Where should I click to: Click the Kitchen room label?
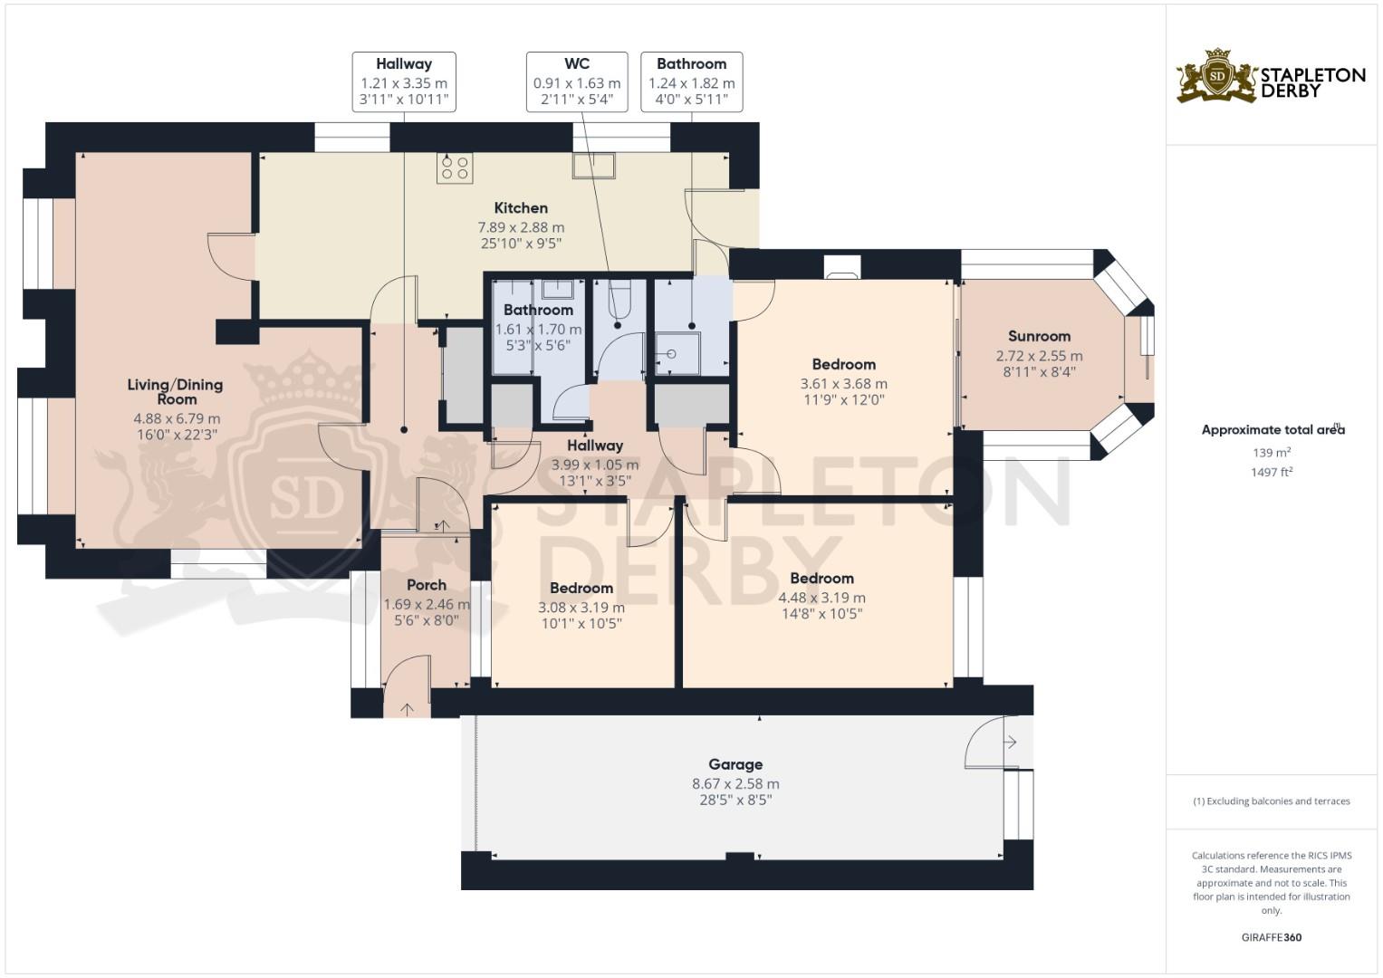[521, 208]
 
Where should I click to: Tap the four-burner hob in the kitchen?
[454, 168]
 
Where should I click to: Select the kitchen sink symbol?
[593, 166]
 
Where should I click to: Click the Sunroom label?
[1039, 336]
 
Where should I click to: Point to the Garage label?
[735, 764]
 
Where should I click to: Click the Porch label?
[427, 585]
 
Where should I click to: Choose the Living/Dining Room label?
[175, 391]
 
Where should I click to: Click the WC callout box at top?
[577, 81]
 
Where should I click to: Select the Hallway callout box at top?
[404, 81]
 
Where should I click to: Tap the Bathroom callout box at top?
[692, 81]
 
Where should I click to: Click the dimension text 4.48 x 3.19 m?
[821, 598]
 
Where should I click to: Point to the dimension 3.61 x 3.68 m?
[843, 384]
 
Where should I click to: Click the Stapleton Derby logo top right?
[1271, 76]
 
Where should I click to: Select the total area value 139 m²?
[1272, 453]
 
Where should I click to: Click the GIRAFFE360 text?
[1271, 937]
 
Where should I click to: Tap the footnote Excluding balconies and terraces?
[1272, 801]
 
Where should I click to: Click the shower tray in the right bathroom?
[677, 354]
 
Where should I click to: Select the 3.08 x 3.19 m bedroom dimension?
[581, 608]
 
